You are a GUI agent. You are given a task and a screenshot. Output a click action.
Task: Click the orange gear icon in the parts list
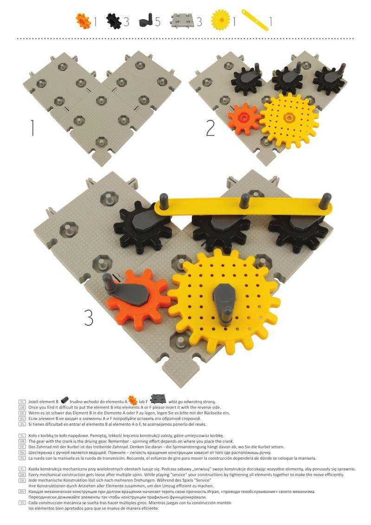pyautogui.click(x=83, y=21)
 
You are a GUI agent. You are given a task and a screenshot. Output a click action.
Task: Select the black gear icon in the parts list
pyautogui.click(x=114, y=21)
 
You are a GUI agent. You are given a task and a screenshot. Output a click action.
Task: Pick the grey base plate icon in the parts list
pyautogui.click(x=182, y=21)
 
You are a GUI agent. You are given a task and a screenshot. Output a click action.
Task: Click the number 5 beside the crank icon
pyautogui.click(x=157, y=22)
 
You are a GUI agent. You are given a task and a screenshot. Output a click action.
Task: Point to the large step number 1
pyautogui.click(x=32, y=128)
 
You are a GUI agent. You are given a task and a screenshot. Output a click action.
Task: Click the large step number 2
pyautogui.click(x=210, y=128)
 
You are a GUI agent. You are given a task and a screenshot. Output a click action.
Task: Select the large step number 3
pyautogui.click(x=89, y=317)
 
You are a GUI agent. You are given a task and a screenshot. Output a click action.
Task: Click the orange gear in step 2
pyautogui.click(x=244, y=118)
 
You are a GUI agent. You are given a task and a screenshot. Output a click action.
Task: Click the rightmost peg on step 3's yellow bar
pyautogui.click(x=325, y=201)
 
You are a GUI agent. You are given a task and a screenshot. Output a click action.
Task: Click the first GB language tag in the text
pyautogui.click(x=22, y=408)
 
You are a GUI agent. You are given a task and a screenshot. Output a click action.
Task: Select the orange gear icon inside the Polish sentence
pyautogui.click(x=133, y=400)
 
